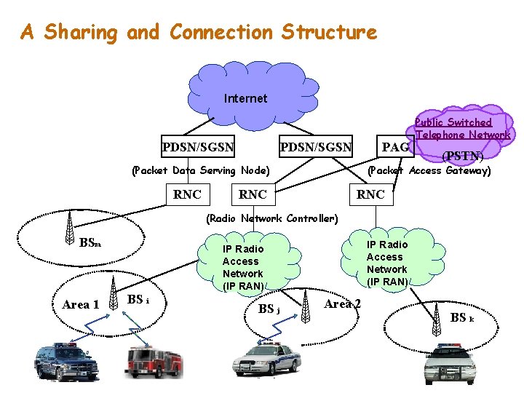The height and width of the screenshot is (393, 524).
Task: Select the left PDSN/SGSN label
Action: (x=198, y=148)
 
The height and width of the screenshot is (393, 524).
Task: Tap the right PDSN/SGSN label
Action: (x=316, y=148)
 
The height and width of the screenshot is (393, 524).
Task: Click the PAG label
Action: (x=396, y=148)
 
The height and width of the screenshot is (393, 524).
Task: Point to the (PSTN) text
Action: (x=463, y=156)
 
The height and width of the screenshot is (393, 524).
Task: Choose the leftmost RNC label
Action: (x=187, y=194)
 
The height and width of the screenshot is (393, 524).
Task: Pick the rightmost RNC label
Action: (x=370, y=194)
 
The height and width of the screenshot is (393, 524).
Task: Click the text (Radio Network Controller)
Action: (x=271, y=218)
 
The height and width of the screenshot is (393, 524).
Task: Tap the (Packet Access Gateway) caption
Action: (x=429, y=170)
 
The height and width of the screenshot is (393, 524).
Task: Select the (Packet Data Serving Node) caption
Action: (x=200, y=170)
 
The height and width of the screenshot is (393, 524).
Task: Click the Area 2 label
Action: (x=342, y=303)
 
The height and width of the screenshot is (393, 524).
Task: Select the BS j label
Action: (x=269, y=309)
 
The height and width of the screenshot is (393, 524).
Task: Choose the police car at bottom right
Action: (x=450, y=363)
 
